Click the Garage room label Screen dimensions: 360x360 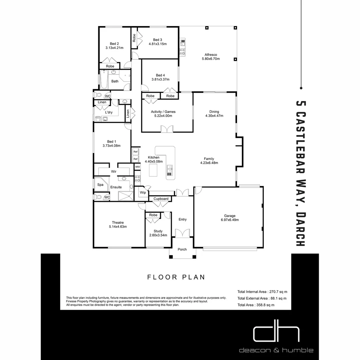pos(230,215)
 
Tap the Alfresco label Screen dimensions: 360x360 pos(211,55)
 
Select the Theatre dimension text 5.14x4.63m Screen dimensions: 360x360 pos(118,227)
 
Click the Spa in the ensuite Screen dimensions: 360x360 pos(100,185)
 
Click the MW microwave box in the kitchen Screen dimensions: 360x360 pos(137,166)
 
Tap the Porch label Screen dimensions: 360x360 pos(182,249)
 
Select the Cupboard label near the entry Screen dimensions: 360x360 pos(161,199)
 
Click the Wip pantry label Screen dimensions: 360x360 pos(143,193)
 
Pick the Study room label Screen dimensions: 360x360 pos(158,231)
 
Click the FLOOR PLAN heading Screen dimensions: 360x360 pos(176,277)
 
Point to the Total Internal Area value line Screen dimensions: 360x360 pos(262,291)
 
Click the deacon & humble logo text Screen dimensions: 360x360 pos(276,350)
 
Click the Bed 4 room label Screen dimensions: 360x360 pos(160,75)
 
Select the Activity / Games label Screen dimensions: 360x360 pos(163,112)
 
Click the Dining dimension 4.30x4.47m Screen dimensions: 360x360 pos(214,116)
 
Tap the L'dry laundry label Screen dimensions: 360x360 pos(109,112)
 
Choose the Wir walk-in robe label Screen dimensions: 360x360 pos(114,171)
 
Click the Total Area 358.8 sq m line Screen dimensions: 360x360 pos(256,305)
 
